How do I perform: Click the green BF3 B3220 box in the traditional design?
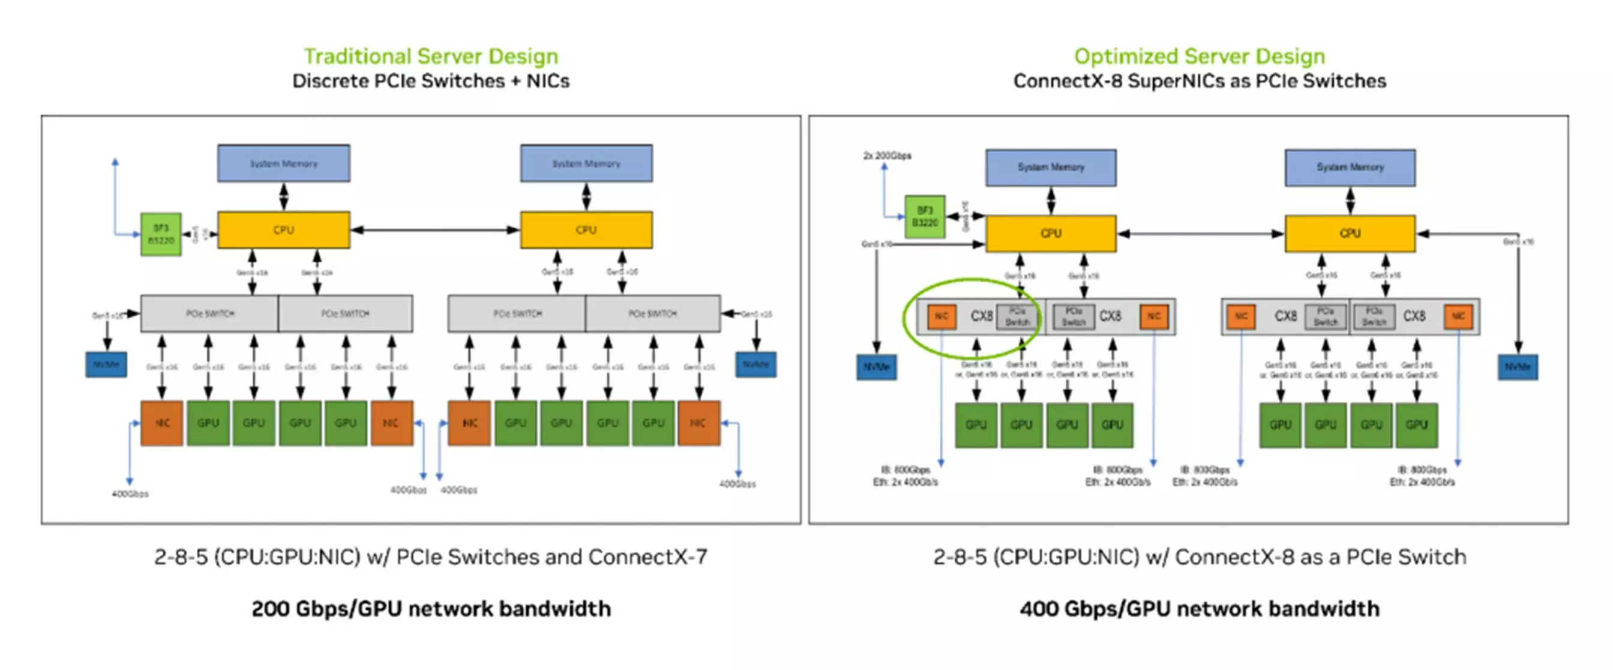[161, 234]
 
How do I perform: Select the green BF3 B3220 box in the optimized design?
[924, 216]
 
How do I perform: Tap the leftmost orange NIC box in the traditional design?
[161, 423]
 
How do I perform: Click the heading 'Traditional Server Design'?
[431, 56]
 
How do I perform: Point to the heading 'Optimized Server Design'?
[1199, 56]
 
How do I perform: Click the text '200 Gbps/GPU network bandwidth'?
[431, 609]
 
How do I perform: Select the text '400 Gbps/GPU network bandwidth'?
[1199, 609]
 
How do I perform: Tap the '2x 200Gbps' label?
[887, 155]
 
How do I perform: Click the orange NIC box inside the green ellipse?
[941, 316]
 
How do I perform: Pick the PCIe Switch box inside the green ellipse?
[1017, 316]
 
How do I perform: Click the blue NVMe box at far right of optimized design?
[1517, 367]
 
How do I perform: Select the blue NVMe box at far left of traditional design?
[106, 364]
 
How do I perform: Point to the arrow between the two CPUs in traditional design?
[434, 230]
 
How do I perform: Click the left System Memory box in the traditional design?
[284, 163]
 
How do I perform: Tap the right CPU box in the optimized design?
[1350, 233]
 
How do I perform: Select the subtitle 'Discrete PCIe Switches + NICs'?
[431, 82]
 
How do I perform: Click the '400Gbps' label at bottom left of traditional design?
[130, 493]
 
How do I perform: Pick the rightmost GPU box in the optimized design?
[1416, 424]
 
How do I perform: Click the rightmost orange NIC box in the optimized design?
[1458, 316]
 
